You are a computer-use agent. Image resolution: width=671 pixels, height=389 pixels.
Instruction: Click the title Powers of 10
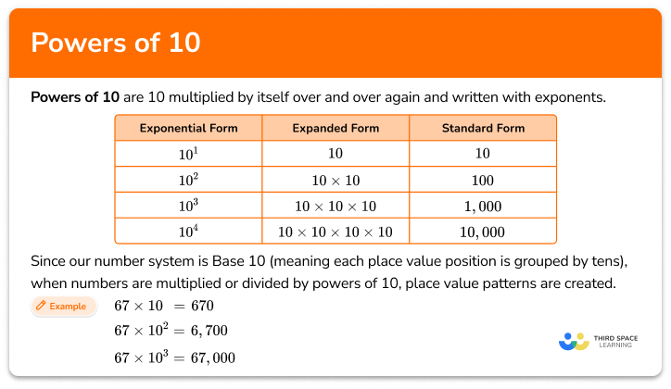[x=116, y=44]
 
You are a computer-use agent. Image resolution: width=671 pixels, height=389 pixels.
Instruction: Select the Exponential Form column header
[x=188, y=128]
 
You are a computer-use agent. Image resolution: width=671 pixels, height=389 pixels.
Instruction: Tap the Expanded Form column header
[x=335, y=128]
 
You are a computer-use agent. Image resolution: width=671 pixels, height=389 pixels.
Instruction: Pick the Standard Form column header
[x=482, y=128]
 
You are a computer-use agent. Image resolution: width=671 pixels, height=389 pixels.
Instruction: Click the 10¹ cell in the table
[x=188, y=154]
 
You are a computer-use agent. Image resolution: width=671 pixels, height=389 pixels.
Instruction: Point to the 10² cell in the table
[x=188, y=180]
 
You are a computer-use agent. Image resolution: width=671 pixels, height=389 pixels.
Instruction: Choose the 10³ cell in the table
[x=188, y=206]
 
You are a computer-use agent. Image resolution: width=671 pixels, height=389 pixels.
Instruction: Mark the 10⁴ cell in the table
[x=188, y=232]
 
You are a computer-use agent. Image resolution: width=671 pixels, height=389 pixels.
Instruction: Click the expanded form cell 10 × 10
[x=335, y=180]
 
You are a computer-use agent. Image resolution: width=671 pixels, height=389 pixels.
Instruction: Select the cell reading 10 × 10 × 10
[x=335, y=206]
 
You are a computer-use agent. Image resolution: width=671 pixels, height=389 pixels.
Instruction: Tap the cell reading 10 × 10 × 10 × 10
[x=335, y=232]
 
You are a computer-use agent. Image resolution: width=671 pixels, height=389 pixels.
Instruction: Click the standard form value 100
[x=482, y=180]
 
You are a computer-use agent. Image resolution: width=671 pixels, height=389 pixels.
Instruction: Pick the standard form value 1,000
[x=482, y=206]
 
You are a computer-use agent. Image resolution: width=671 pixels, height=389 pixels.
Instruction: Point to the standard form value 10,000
[x=482, y=232]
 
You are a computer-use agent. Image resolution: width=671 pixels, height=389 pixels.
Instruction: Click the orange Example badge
[x=63, y=306]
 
